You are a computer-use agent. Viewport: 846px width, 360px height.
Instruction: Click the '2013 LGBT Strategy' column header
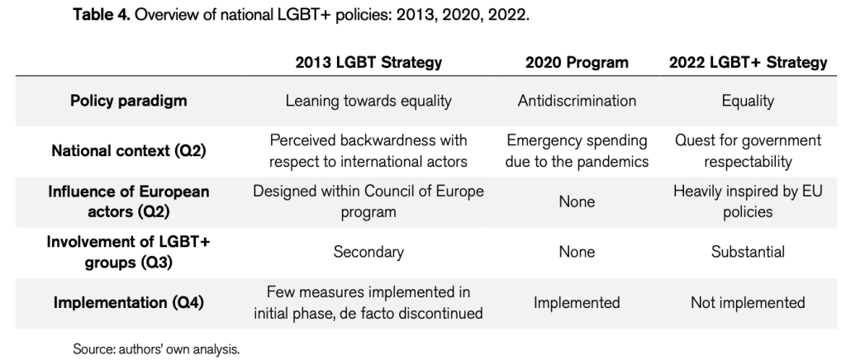click(x=368, y=63)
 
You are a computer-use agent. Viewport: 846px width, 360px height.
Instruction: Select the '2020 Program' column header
click(x=577, y=63)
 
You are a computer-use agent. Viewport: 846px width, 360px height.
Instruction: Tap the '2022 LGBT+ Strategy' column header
click(x=748, y=63)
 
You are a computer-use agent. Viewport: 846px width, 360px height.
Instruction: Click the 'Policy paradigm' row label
click(x=128, y=101)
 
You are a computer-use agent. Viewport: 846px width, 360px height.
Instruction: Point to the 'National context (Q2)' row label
click(x=128, y=151)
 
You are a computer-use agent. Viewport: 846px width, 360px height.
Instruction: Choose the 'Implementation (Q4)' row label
click(x=128, y=303)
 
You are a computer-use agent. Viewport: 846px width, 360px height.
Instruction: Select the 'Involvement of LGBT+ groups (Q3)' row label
click(x=128, y=252)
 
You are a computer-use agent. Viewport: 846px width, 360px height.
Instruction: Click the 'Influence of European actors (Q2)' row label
click(x=128, y=201)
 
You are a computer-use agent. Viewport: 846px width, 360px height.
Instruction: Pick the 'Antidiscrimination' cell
click(x=577, y=101)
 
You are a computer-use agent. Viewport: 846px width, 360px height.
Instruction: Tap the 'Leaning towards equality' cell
click(x=368, y=101)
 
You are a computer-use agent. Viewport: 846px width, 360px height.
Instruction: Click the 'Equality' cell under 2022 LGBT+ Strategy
click(x=748, y=101)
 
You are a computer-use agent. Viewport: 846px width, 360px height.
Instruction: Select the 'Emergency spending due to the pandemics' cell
click(x=577, y=151)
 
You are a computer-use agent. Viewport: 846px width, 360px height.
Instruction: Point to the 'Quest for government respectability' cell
click(x=748, y=151)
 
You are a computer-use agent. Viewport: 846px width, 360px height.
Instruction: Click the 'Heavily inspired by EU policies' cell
click(x=748, y=201)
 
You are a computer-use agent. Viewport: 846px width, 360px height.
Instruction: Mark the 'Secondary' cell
click(x=368, y=252)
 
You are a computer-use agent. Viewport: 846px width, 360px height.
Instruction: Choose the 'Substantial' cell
click(x=748, y=252)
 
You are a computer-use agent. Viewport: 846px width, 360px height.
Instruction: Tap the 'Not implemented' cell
click(x=748, y=303)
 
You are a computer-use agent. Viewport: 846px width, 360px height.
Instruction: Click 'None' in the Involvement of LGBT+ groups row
click(x=577, y=252)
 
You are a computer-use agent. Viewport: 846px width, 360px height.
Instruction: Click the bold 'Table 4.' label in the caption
click(x=102, y=15)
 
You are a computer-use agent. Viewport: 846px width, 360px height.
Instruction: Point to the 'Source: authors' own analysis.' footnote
click(x=156, y=349)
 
